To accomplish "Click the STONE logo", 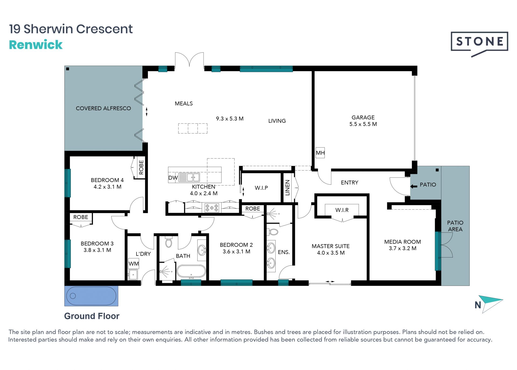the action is click(x=480, y=43).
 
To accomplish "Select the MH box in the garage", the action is click(x=320, y=153).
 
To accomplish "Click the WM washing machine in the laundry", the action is click(x=134, y=263).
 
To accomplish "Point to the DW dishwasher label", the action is click(x=173, y=178).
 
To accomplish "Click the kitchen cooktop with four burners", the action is click(x=212, y=208).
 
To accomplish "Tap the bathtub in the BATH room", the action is click(x=191, y=272).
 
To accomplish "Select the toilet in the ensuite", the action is click(x=273, y=232).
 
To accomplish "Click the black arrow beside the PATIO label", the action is click(x=414, y=186).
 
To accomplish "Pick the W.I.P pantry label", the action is click(x=261, y=188).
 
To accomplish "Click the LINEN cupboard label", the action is click(x=287, y=188).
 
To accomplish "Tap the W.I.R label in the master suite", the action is click(x=342, y=210).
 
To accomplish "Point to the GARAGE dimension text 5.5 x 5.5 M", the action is click(x=363, y=124).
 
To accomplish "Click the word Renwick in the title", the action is click(x=36, y=45).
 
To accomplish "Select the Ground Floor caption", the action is click(x=92, y=316).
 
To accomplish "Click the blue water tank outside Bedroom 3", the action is click(x=91, y=296).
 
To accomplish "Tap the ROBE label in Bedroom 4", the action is click(x=141, y=167).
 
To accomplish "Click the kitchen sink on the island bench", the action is click(x=189, y=177).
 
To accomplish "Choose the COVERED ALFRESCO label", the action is click(x=103, y=108).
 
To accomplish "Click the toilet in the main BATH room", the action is click(x=169, y=242).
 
